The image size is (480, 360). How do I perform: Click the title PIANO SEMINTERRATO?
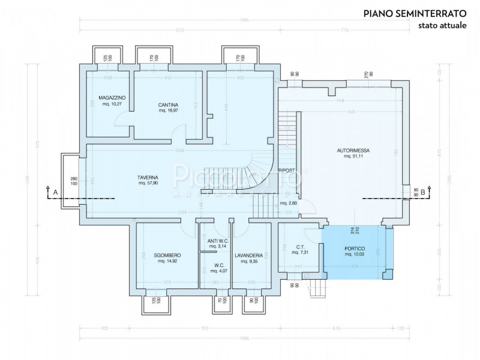coord(410,13)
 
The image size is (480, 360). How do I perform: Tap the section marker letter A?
coord(55,192)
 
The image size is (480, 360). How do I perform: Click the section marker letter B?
coord(423,192)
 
